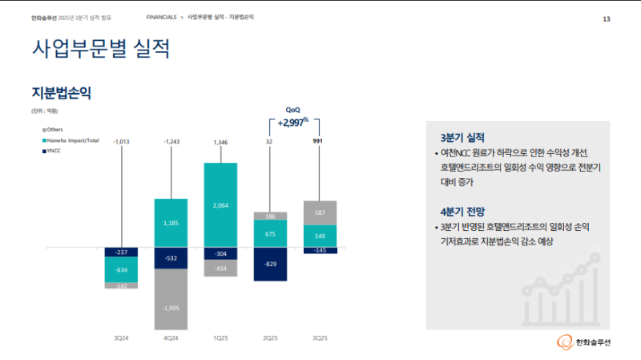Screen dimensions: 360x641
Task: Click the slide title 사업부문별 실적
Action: [x=100, y=50]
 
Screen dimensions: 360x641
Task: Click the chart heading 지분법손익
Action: [x=61, y=92]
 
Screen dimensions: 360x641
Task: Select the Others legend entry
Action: [x=54, y=129]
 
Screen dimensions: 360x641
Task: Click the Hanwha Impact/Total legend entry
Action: [x=72, y=140]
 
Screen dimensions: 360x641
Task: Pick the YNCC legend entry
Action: [x=54, y=149]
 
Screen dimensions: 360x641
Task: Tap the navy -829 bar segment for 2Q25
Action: [x=270, y=264]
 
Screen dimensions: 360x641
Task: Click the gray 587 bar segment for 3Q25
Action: [x=320, y=212]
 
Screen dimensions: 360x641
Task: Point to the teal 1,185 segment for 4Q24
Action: [x=171, y=222]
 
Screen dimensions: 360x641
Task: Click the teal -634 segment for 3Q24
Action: [x=121, y=269]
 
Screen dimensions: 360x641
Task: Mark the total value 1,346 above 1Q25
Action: [x=221, y=142]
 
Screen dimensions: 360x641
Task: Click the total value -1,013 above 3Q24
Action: [x=122, y=142]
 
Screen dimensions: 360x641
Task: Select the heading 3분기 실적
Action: [x=462, y=137]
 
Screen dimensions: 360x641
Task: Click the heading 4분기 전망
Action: [x=462, y=212]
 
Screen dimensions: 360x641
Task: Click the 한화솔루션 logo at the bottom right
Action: [x=584, y=342]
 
